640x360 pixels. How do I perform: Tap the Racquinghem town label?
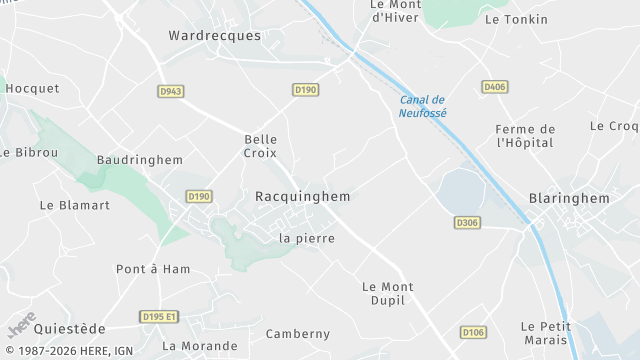tap(302, 197)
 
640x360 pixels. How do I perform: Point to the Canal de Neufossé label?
tap(423, 106)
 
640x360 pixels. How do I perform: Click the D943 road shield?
tap(171, 91)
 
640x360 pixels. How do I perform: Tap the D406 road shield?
tap(494, 87)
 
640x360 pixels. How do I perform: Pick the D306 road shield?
tap(466, 222)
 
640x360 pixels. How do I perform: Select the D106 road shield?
tap(473, 331)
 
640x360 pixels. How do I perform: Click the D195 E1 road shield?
tap(159, 317)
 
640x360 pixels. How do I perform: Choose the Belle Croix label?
tap(260, 146)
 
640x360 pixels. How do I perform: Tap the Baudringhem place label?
tap(140, 160)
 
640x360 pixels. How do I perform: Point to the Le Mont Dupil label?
tap(387, 294)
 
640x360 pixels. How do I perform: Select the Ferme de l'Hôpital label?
tap(526, 136)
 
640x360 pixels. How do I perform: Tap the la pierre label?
tap(307, 238)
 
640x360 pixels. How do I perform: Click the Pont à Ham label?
tap(153, 269)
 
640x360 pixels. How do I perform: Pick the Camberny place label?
tap(297, 333)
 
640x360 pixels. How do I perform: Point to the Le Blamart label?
tap(74, 205)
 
